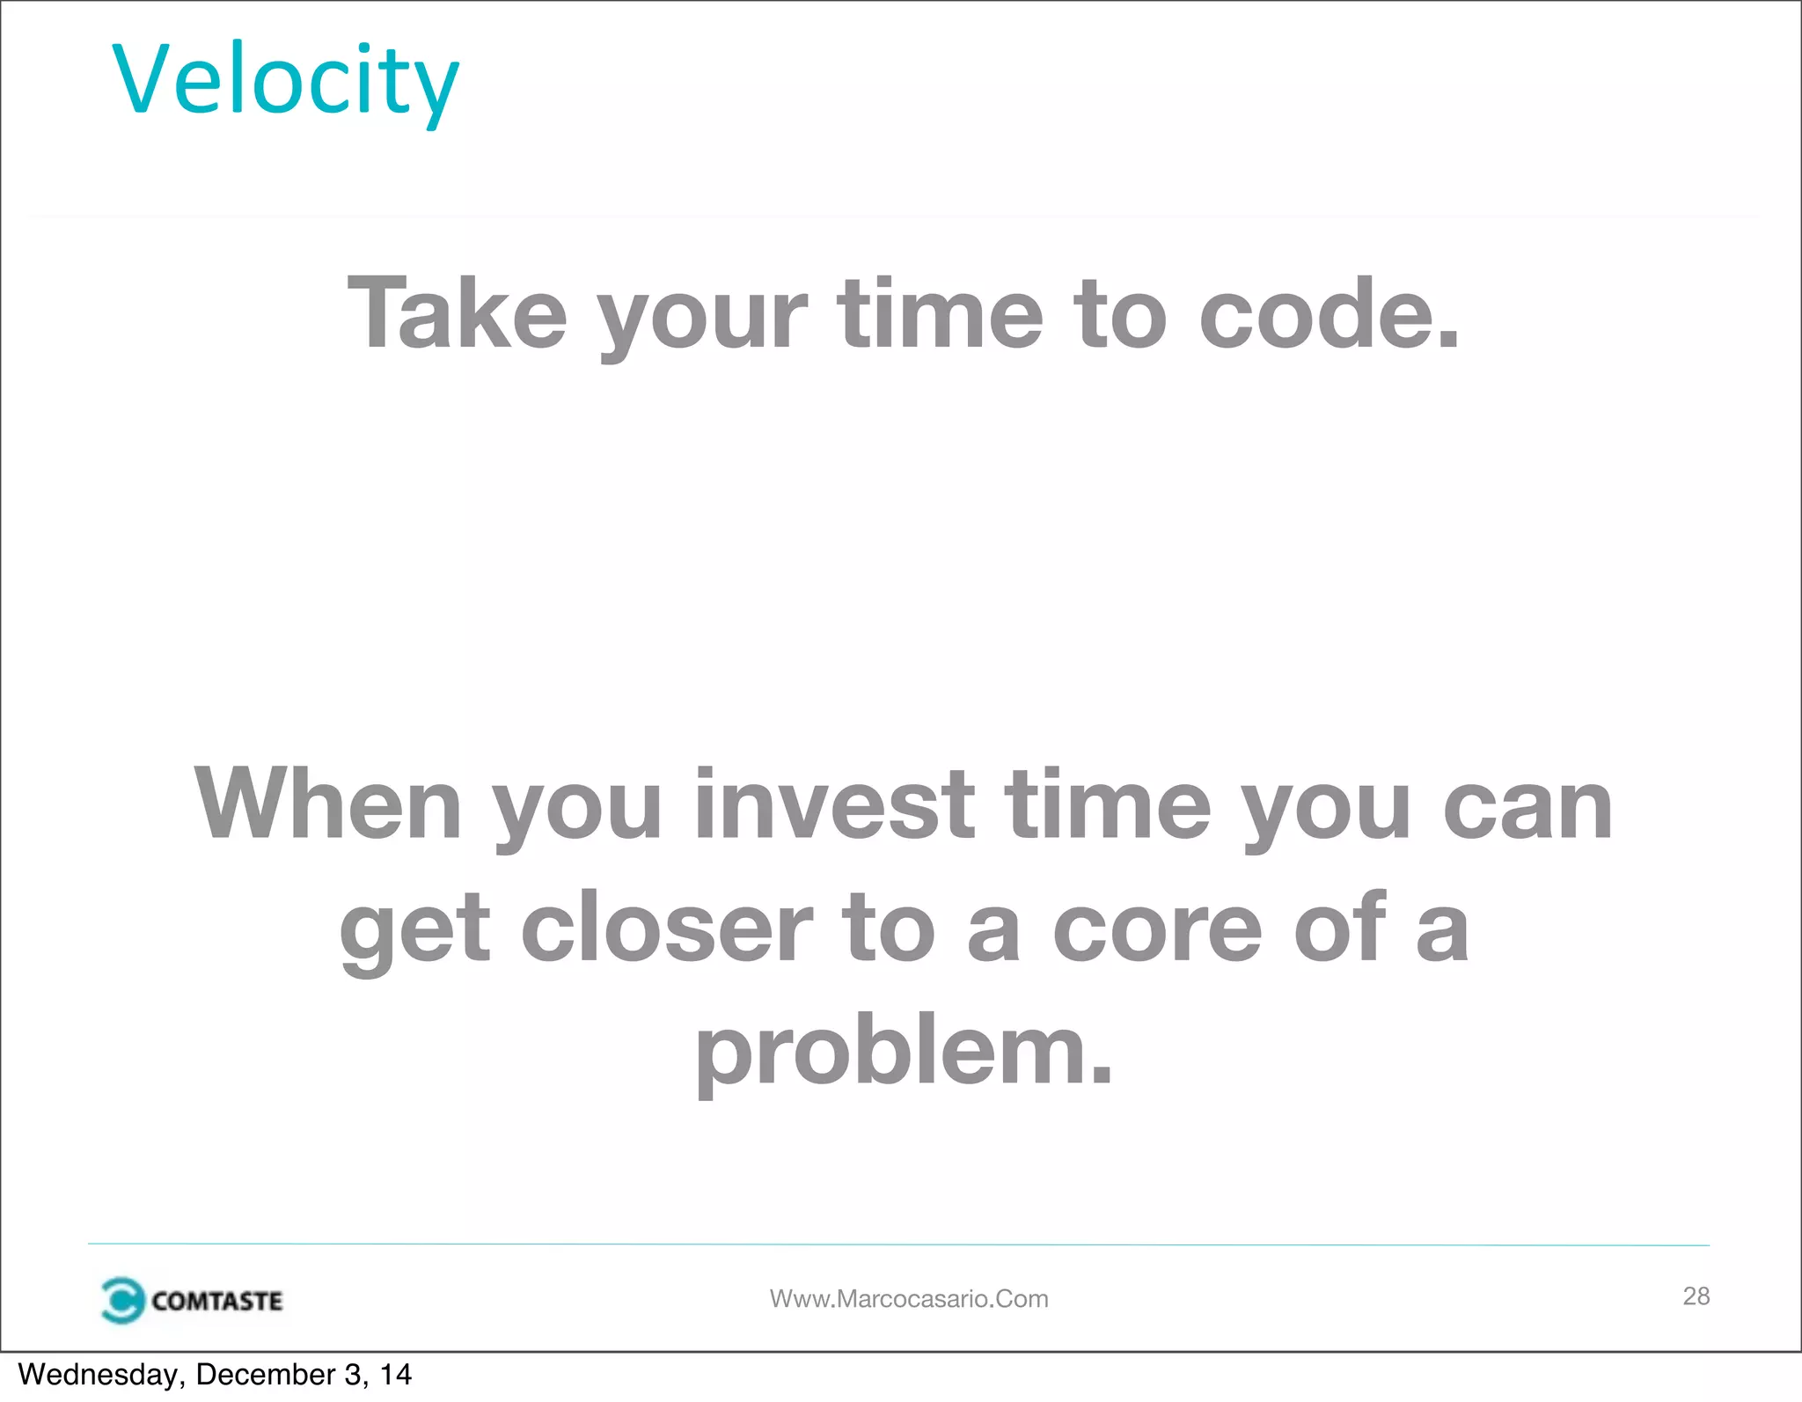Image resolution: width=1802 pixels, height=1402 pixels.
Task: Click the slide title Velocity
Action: click(x=285, y=81)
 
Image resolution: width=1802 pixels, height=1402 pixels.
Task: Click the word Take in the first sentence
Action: click(x=457, y=314)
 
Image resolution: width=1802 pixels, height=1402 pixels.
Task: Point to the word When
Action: click(x=327, y=804)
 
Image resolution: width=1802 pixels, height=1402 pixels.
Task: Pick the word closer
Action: click(x=666, y=929)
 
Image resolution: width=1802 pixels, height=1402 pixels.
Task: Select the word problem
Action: click(x=889, y=1053)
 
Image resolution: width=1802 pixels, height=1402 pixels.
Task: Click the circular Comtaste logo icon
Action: click(x=121, y=1300)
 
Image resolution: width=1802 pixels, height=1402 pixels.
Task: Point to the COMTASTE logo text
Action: click(x=216, y=1301)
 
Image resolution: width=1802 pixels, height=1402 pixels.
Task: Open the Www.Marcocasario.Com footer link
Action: click(x=908, y=1299)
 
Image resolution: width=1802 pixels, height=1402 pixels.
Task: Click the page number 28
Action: click(x=1696, y=1296)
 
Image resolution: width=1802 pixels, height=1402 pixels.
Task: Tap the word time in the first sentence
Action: click(x=939, y=314)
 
